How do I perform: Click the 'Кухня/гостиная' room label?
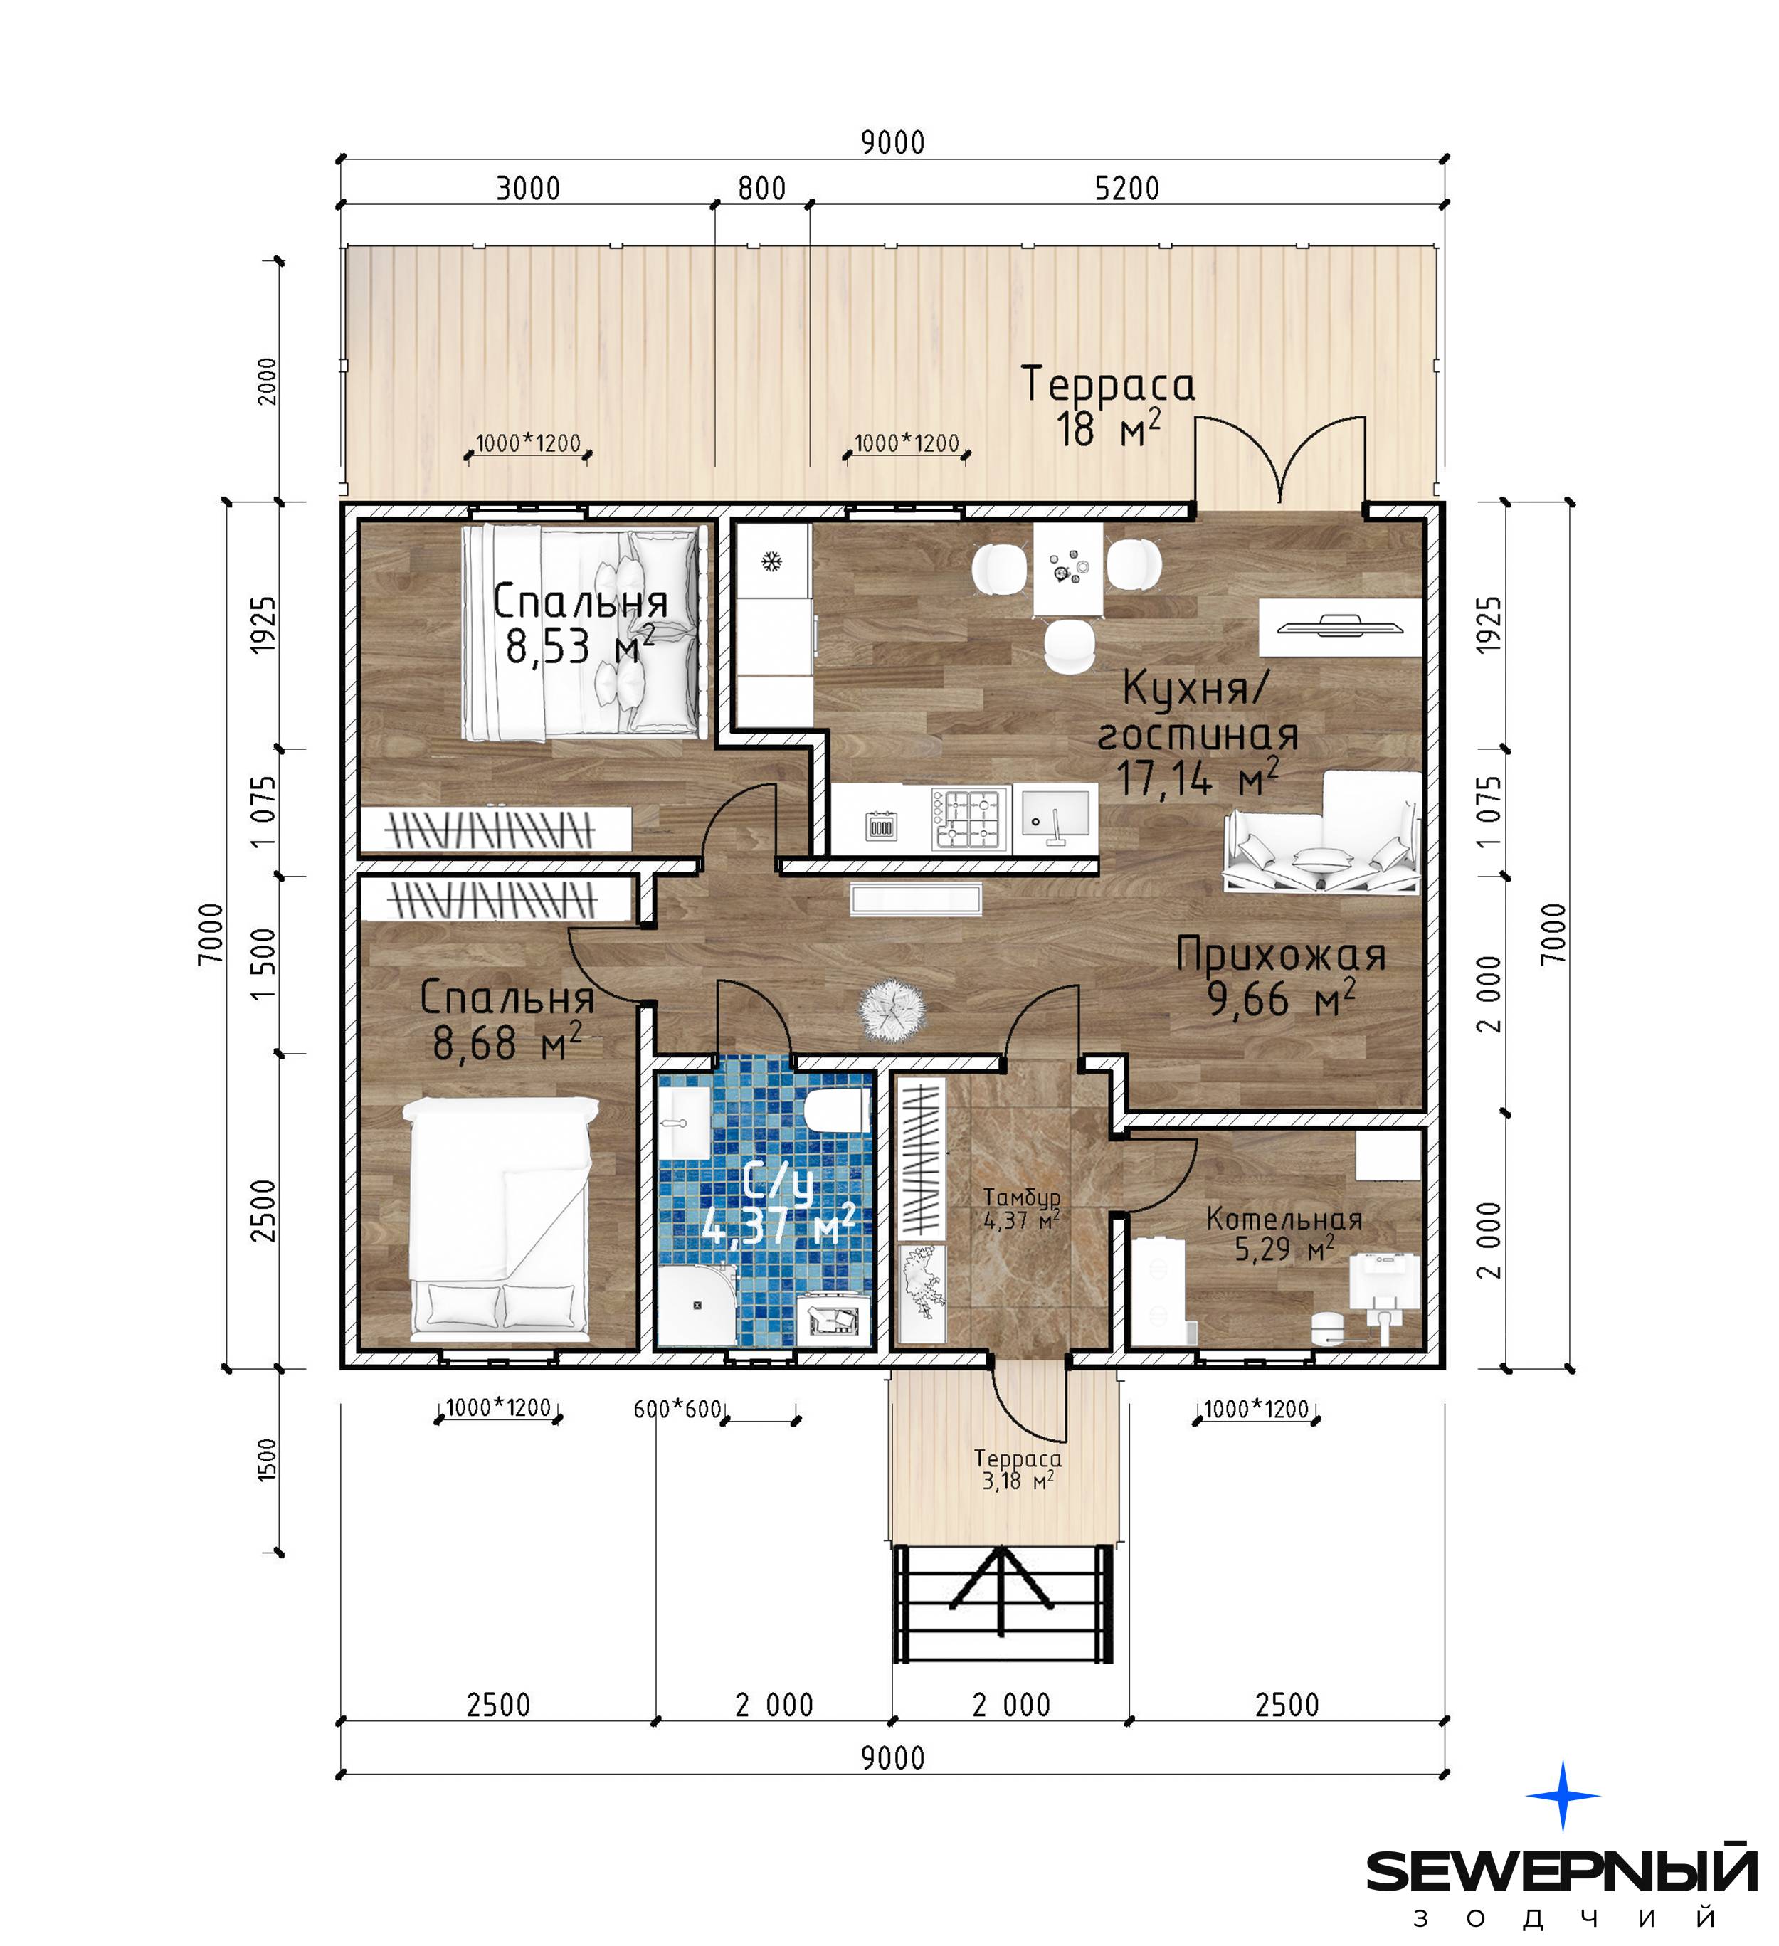[x=1197, y=712]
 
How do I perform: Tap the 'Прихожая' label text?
[x=1281, y=955]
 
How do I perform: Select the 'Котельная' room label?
[x=1284, y=1219]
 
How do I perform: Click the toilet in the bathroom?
[x=836, y=1111]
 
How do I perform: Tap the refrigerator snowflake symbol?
[x=771, y=562]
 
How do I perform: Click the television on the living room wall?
[x=1340, y=625]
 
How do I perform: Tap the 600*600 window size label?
[x=677, y=1410]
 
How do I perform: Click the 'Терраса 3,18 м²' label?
[x=1018, y=1470]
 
